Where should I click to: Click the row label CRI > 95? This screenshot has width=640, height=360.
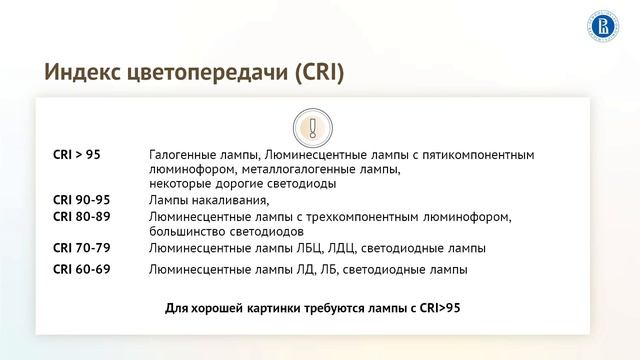(x=77, y=156)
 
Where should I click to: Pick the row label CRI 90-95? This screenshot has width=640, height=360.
(x=81, y=200)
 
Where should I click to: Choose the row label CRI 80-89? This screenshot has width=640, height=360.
(x=81, y=216)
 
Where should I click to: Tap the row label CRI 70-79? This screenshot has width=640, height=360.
(x=81, y=247)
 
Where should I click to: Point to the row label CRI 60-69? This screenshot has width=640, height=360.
(x=81, y=269)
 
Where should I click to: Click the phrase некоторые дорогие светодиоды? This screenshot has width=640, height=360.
(x=242, y=184)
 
